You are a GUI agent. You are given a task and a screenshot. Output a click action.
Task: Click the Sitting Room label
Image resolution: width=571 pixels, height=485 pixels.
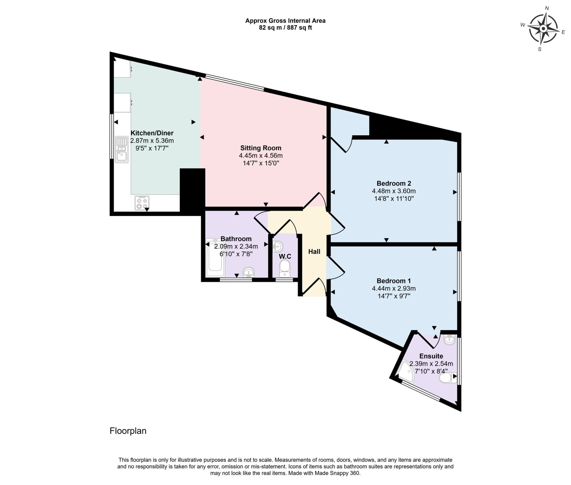261,148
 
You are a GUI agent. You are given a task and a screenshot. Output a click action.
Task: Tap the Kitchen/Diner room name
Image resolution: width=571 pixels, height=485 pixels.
152,133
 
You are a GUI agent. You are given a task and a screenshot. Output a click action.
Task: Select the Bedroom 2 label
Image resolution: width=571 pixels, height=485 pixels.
394,183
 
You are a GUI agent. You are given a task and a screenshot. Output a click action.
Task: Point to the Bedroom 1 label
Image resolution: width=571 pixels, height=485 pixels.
394,281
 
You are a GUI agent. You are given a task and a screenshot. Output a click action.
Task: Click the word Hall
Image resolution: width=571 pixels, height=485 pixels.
314,251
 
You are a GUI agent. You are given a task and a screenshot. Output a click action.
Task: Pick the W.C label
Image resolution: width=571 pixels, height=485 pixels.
285,256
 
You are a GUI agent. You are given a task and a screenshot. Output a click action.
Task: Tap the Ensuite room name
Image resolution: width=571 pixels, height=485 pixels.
431,356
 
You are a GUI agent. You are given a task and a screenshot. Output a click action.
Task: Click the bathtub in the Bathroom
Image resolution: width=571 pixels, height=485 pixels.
215,257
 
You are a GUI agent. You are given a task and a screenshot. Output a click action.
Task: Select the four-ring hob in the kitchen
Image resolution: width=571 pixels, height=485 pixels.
142,203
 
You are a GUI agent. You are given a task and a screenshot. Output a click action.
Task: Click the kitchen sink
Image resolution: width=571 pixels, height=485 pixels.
121,149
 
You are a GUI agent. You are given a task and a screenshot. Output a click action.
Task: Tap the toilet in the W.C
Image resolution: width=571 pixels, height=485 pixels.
285,269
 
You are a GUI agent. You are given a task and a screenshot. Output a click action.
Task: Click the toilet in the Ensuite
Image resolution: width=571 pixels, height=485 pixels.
448,378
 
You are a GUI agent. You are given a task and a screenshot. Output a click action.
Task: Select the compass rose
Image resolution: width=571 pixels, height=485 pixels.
543,29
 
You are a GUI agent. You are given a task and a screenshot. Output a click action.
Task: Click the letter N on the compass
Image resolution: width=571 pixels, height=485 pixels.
547,8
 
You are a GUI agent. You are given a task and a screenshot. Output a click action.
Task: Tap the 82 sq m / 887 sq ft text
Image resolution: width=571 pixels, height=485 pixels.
285,27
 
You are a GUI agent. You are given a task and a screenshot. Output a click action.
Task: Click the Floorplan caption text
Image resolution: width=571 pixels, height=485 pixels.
128,431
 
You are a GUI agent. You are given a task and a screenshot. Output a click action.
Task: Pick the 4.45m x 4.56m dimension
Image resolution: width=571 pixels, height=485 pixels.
261,155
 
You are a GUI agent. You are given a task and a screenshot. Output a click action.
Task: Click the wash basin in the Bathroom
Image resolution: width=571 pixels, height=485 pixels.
248,272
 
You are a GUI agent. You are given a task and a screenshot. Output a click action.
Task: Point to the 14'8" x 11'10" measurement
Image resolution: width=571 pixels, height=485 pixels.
394,199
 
